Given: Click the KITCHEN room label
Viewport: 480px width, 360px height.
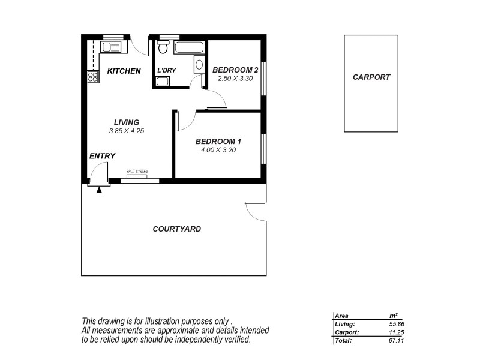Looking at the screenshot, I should [124, 71].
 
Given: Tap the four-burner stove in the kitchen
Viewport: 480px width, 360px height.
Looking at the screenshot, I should [93, 77].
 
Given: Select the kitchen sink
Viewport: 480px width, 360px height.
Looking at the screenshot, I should [110, 47].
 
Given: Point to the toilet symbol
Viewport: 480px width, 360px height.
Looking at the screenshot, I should [163, 47].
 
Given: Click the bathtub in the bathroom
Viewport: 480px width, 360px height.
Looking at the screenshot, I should [188, 47].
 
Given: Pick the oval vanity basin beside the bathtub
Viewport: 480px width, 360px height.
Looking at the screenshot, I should [199, 65].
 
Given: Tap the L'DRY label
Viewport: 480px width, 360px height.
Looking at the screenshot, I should [166, 71].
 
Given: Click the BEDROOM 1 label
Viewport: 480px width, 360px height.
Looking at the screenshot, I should [218, 142].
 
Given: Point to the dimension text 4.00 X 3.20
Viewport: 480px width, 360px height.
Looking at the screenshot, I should [218, 150].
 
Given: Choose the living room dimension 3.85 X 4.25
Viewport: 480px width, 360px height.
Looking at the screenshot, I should [127, 131].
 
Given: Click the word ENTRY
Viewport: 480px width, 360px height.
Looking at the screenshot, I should [102, 156].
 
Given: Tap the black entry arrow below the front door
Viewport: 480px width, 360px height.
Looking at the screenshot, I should [99, 189].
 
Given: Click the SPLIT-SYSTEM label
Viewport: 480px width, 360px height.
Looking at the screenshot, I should [137, 172].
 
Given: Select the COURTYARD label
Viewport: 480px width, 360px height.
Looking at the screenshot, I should [176, 229].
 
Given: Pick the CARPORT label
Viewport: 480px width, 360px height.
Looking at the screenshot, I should [371, 77].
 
